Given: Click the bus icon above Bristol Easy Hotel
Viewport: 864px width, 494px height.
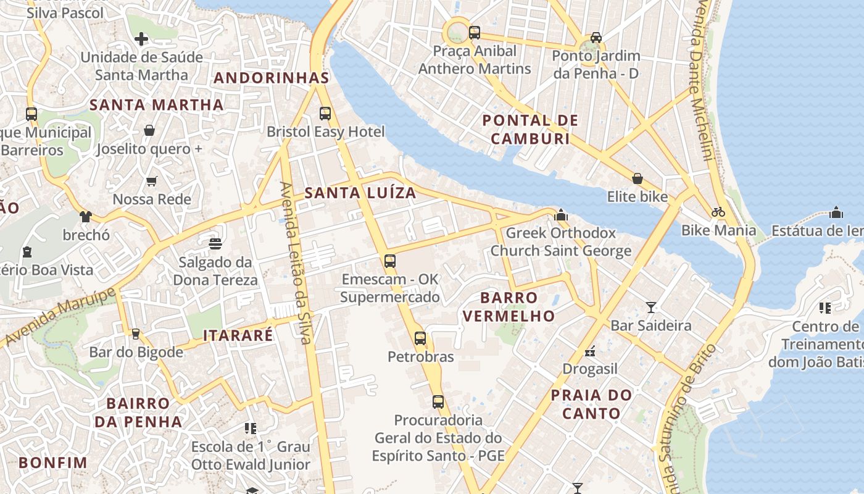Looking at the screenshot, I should [325, 114].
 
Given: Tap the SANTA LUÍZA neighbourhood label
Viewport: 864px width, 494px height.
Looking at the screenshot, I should [360, 193].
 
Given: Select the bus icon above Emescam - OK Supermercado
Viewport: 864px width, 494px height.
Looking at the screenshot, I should [389, 261].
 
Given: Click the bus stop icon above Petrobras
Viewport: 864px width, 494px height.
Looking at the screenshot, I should [420, 338].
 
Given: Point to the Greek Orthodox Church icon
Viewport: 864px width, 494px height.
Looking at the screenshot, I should [561, 215].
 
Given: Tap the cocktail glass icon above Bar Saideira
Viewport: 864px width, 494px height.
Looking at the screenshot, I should [650, 307].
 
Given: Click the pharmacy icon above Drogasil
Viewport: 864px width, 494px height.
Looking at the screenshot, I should [590, 351].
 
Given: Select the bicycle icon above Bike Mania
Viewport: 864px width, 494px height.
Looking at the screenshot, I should [718, 212].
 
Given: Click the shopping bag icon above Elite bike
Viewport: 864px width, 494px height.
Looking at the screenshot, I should [638, 178].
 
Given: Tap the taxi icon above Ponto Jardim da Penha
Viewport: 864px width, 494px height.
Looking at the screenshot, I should [596, 38].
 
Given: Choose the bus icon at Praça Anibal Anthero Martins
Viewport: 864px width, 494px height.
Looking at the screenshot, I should [474, 33].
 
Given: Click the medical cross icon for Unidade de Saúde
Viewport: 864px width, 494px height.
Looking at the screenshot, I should [141, 39].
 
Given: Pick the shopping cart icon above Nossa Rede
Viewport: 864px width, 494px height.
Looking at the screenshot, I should [152, 182].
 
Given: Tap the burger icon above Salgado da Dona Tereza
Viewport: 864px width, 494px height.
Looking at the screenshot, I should [215, 244].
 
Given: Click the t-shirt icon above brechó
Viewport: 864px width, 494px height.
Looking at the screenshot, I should [85, 217].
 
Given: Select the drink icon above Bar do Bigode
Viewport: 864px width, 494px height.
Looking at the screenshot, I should [136, 334].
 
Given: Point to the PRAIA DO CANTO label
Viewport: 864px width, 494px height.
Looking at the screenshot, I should [591, 404].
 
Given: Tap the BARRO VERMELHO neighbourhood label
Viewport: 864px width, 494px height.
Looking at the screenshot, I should [509, 307].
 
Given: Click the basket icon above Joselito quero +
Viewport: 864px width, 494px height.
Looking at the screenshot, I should [149, 130].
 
